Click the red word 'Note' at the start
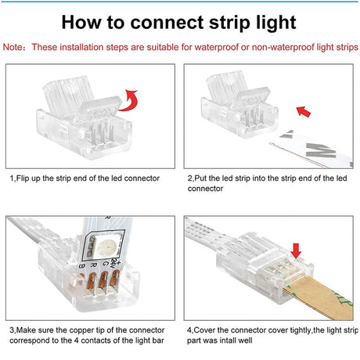(13, 47)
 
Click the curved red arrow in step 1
(129, 101)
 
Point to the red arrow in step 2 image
(304, 111)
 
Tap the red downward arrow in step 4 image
(296, 251)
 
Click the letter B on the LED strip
(82, 266)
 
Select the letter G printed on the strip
(105, 264)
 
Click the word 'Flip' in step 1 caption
(23, 178)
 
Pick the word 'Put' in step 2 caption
(200, 178)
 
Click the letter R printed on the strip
(93, 265)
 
